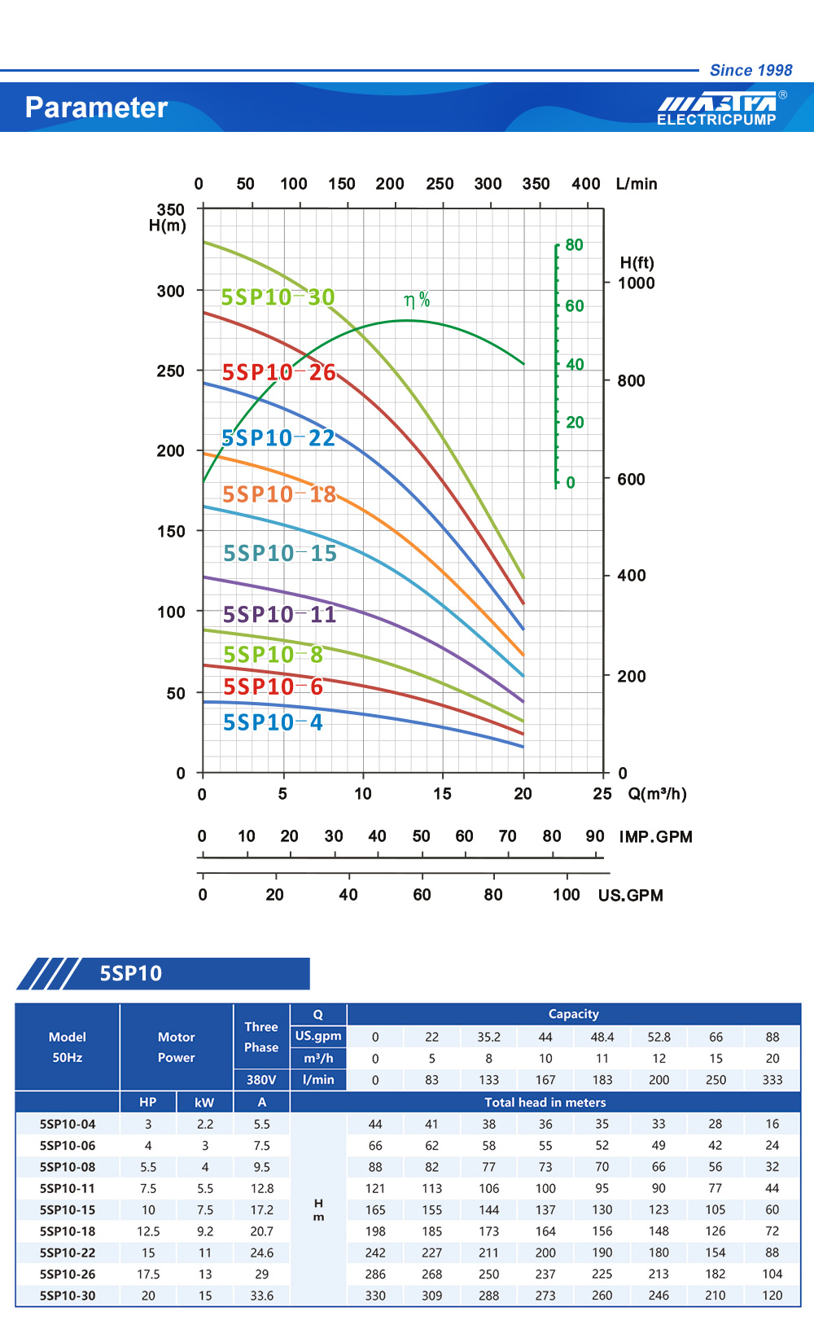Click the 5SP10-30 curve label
(278, 297)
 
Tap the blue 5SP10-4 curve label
(273, 722)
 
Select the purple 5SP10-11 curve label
(279, 614)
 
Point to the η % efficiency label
(417, 301)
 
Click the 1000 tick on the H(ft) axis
(636, 283)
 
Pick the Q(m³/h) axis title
(657, 794)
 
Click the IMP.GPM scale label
(655, 837)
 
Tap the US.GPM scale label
(631, 896)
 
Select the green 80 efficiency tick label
(574, 245)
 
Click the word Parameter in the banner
(96, 107)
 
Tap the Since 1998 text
(751, 70)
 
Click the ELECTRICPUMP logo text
(716, 120)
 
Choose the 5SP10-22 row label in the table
(68, 1252)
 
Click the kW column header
(204, 1103)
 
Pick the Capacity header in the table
(573, 1014)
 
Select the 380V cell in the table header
(261, 1080)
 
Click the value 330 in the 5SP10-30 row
(375, 1296)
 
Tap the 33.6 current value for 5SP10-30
(261, 1296)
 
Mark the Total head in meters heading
(545, 1103)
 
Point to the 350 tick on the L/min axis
(536, 184)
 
